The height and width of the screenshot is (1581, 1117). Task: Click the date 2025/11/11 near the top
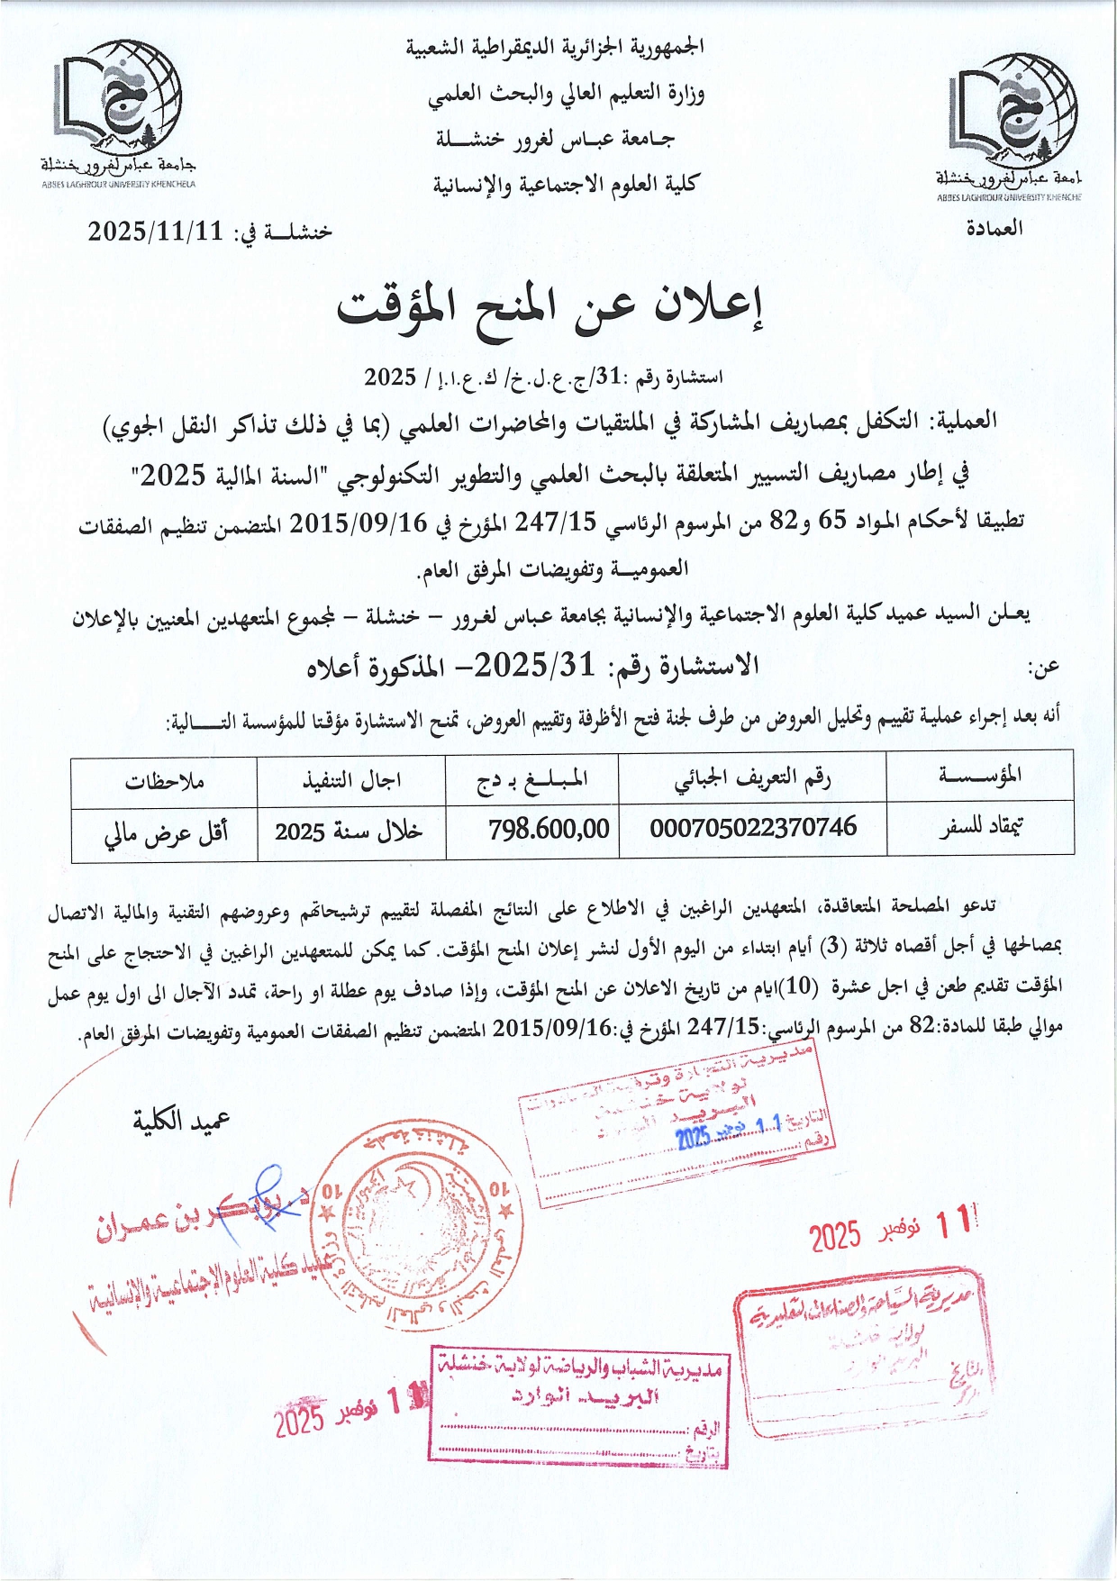tap(155, 232)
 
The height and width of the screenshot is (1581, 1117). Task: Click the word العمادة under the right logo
tap(994, 228)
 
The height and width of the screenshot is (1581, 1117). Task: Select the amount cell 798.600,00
tap(549, 829)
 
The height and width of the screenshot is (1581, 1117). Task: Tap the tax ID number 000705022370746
tap(753, 828)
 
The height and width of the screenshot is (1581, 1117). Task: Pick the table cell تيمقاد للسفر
tap(980, 828)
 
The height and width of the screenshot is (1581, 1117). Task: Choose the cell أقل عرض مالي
tap(166, 832)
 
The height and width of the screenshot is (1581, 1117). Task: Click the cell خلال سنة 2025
tap(349, 831)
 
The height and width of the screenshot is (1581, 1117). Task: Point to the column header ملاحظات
tap(165, 780)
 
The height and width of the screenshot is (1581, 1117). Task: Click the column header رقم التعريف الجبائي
tap(752, 779)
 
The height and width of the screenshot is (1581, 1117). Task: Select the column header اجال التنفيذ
tap(351, 780)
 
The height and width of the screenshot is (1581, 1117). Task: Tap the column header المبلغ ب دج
tap(532, 779)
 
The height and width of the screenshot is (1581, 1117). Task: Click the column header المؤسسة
tap(980, 776)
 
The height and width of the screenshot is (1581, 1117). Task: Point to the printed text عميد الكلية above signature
tap(182, 1122)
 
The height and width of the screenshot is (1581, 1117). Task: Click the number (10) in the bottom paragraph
tap(800, 986)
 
